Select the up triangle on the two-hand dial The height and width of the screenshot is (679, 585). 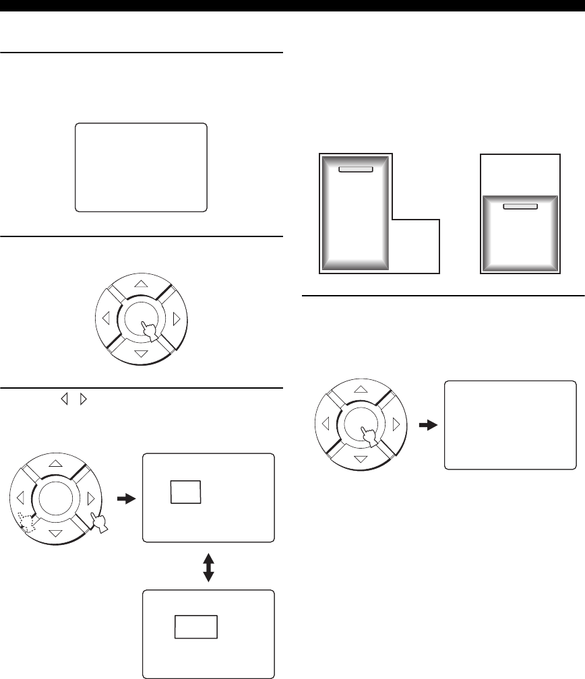pyautogui.click(x=55, y=463)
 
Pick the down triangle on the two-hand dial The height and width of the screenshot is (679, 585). pyautogui.click(x=55, y=533)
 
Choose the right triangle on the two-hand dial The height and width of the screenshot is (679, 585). pyautogui.click(x=90, y=498)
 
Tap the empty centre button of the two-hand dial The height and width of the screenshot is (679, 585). pyautogui.click(x=55, y=498)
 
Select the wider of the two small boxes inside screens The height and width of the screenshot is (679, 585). pyautogui.click(x=196, y=626)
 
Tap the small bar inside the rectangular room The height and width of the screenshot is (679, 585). pyautogui.click(x=520, y=206)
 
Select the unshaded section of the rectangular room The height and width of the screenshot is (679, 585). pyautogui.click(x=520, y=174)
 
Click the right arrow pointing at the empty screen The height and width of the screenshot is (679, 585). pyautogui.click(x=427, y=425)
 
